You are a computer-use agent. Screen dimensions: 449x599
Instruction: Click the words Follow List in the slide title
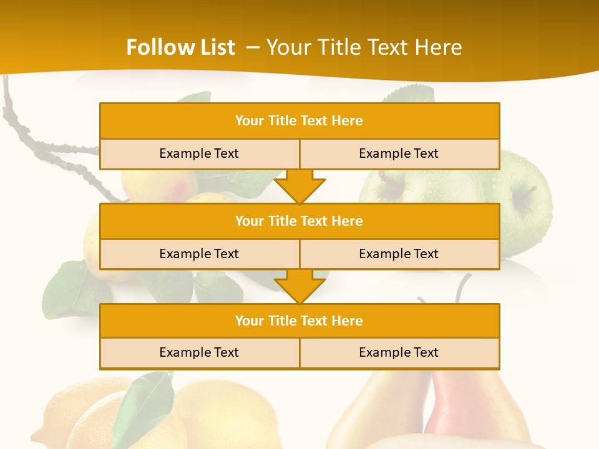(180, 47)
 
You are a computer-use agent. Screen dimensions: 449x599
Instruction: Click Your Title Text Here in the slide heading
(364, 47)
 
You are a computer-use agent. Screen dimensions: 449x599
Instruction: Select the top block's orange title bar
(299, 121)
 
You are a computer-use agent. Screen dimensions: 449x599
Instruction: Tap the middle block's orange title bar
(299, 221)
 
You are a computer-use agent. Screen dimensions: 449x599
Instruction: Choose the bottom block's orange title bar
(299, 321)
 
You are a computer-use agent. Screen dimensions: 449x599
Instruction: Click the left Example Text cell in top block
(199, 153)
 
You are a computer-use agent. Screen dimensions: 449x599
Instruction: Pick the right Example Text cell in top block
(399, 153)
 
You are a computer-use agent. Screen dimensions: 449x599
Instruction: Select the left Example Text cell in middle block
(199, 254)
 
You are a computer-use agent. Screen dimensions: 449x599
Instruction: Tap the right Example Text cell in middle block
(399, 254)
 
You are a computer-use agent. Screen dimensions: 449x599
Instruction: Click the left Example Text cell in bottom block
(199, 352)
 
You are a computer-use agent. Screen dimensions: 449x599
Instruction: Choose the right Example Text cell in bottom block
(399, 352)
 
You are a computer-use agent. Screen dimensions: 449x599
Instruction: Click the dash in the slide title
(253, 47)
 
